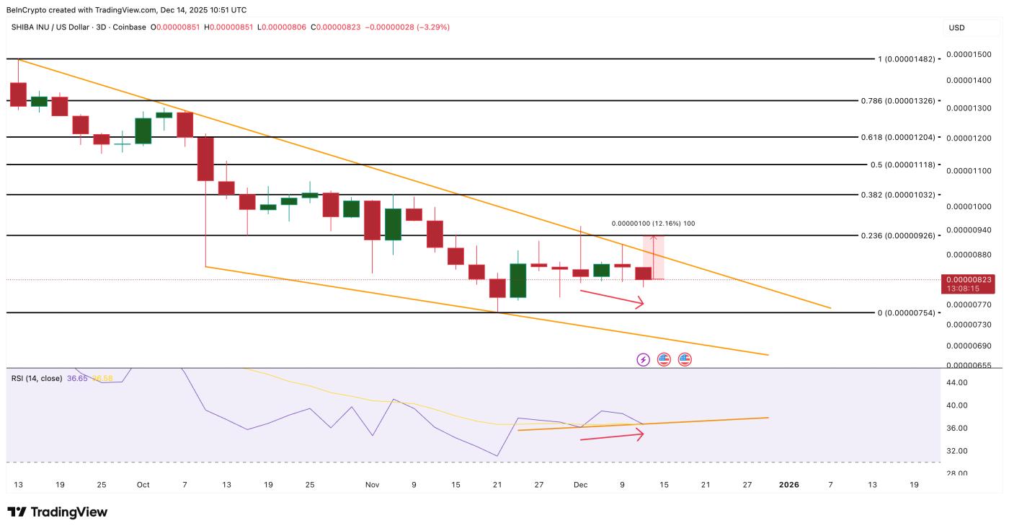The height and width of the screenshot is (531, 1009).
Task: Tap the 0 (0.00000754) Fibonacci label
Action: click(906, 312)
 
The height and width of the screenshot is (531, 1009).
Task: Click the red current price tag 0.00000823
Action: click(968, 279)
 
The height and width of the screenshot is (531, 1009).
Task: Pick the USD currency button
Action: click(957, 27)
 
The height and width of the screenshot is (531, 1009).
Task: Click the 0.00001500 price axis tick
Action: click(969, 55)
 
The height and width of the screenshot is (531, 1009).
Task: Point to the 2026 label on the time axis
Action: click(788, 485)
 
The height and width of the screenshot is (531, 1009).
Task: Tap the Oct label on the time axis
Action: click(143, 485)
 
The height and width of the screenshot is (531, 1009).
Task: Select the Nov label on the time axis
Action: click(372, 485)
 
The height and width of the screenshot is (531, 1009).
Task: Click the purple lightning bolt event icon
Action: click(643, 359)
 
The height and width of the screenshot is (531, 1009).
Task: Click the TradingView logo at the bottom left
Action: click(58, 512)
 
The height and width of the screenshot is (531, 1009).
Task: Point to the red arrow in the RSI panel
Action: click(611, 435)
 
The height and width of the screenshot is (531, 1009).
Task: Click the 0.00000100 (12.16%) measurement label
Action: click(653, 224)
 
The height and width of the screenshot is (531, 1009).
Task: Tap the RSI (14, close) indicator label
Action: click(37, 378)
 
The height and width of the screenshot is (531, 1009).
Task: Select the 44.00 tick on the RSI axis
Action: click(958, 382)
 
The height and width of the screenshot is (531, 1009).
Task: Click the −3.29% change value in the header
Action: click(430, 27)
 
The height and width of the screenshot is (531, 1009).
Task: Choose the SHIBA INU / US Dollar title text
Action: click(57, 27)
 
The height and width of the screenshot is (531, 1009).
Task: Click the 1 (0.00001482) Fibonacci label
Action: click(906, 59)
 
